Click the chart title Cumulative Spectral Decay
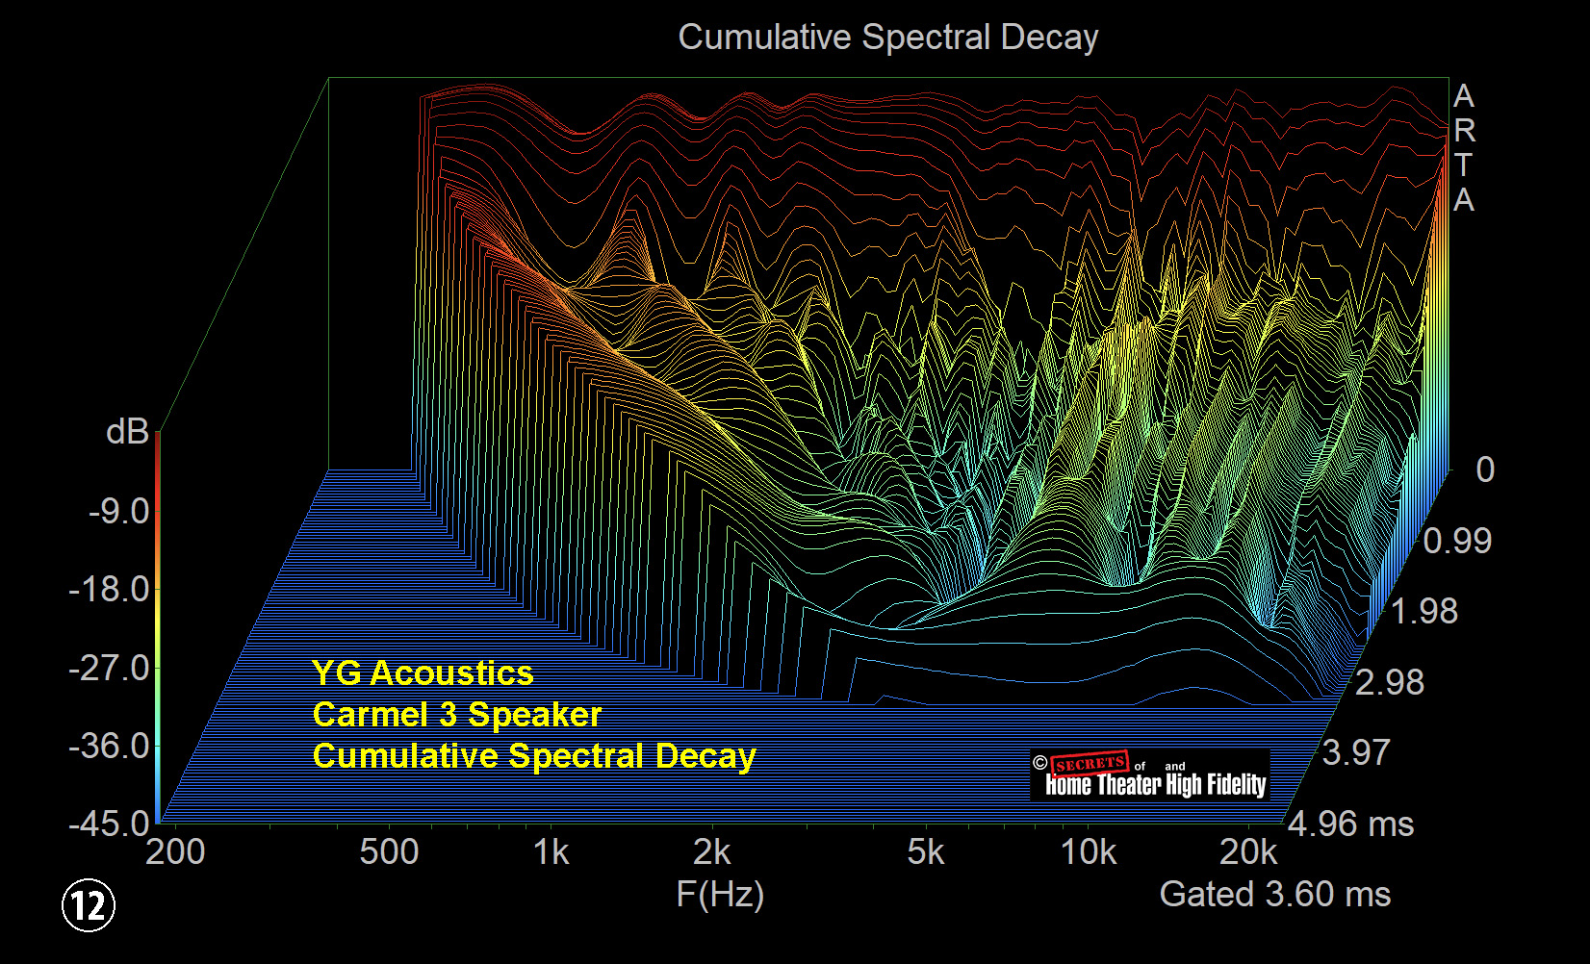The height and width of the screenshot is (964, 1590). click(887, 38)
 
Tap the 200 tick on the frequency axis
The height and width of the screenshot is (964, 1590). click(175, 851)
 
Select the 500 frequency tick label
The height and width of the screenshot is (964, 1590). click(389, 851)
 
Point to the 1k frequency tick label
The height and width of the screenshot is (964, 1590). click(551, 851)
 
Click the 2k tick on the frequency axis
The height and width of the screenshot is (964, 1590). click(712, 851)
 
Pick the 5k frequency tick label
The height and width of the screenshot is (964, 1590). click(926, 851)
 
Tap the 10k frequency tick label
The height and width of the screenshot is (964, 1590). click(1089, 851)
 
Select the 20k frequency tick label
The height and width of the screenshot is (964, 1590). click(1248, 851)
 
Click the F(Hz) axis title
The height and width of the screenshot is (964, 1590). click(720, 894)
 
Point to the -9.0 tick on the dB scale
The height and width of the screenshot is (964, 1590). click(119, 511)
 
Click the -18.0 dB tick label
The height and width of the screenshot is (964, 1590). click(110, 589)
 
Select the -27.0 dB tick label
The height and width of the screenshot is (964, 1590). click(110, 667)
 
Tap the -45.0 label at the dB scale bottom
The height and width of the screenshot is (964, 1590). click(110, 824)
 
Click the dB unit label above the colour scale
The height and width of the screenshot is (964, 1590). click(127, 432)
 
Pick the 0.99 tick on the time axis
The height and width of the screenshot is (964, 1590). click(1457, 541)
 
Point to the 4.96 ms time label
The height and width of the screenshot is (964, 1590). click(1351, 824)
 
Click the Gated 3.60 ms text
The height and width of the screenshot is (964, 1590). click(1274, 894)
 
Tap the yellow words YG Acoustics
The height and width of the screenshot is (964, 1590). click(423, 672)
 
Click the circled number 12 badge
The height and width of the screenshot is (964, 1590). click(89, 905)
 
